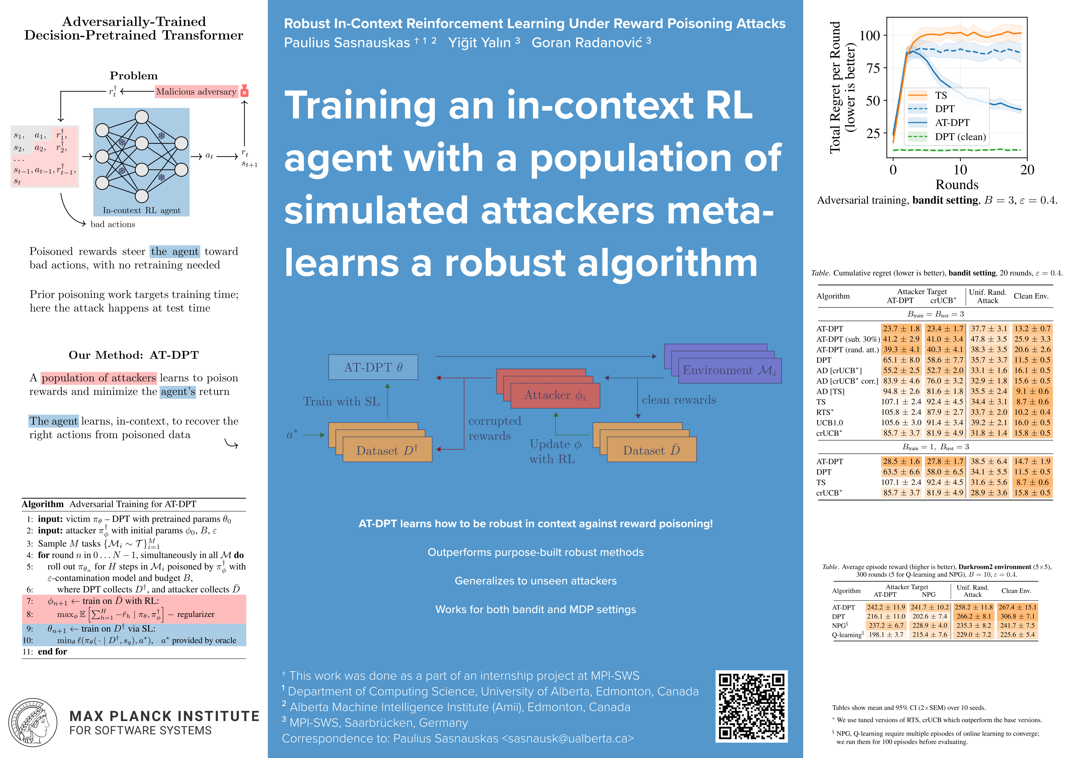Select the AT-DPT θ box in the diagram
pyautogui.click(x=373, y=367)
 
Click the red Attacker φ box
pyautogui.click(x=555, y=395)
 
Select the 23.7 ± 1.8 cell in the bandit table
pyautogui.click(x=901, y=328)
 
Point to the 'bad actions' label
pyautogui.click(x=113, y=225)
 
